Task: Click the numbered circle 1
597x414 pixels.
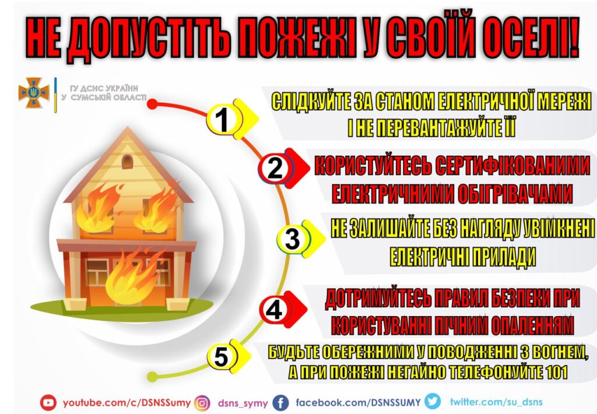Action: (x=224, y=119)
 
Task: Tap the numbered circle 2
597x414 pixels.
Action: (x=275, y=168)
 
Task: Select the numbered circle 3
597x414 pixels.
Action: (x=293, y=239)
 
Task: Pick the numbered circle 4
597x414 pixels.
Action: (x=275, y=309)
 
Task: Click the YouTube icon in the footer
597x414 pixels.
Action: (x=48, y=402)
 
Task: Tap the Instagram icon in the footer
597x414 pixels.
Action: (x=202, y=403)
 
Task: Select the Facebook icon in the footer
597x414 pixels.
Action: (x=281, y=402)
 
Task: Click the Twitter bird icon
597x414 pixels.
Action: (x=433, y=401)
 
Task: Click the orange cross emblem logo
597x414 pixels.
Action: (x=34, y=93)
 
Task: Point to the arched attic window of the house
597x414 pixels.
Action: (x=128, y=162)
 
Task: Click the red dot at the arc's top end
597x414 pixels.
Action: (x=152, y=104)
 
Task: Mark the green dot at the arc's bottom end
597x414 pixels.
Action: (x=152, y=377)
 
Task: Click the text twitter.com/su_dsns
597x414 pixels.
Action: (x=496, y=402)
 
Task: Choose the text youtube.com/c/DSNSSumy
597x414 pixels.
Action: (x=127, y=403)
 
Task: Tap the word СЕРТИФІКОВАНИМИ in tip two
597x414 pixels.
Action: (x=512, y=166)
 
